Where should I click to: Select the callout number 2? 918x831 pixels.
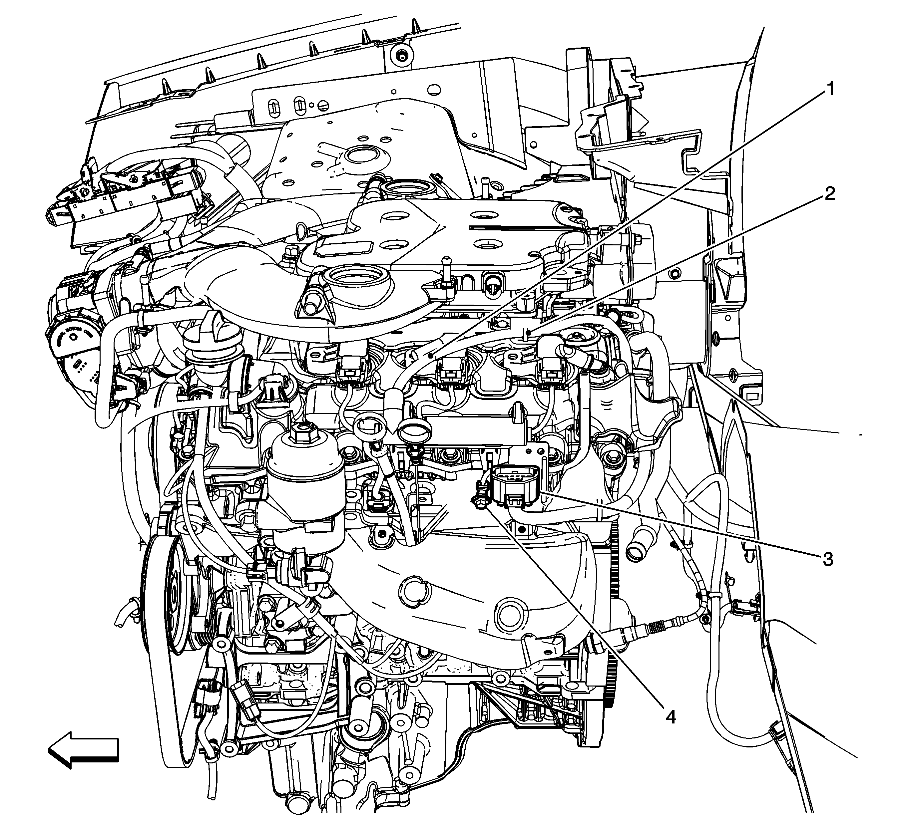coord(830,194)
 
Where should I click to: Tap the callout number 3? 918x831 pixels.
coord(827,559)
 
